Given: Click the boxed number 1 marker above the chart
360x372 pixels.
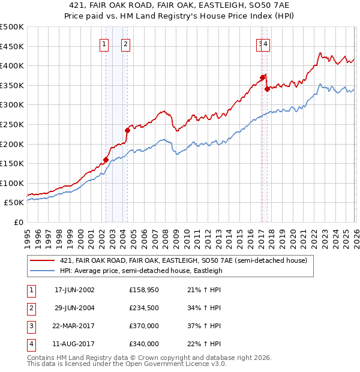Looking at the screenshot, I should pyautogui.click(x=104, y=43).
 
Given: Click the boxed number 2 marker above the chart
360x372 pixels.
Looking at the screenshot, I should pyautogui.click(x=125, y=43).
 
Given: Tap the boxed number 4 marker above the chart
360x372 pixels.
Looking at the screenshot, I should pyautogui.click(x=265, y=43).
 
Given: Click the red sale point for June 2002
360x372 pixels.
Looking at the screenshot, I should pyautogui.click(x=106, y=160).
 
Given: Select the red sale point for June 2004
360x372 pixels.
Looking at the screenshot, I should pyautogui.click(x=127, y=130).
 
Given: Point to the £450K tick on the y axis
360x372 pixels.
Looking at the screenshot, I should pyautogui.click(x=12, y=46).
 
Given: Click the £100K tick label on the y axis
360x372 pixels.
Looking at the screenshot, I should pyautogui.click(x=12, y=183).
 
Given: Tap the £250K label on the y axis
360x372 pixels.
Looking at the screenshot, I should pyautogui.click(x=12, y=124).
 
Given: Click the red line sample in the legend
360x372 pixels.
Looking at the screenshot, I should pyautogui.click(x=42, y=260).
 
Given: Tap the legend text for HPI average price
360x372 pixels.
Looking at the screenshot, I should pyautogui.click(x=141, y=271).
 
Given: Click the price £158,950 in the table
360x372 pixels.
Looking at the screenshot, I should pyautogui.click(x=144, y=290).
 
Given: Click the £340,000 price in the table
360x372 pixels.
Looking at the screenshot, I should pyautogui.click(x=144, y=344).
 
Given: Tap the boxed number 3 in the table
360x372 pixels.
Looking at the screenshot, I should pyautogui.click(x=31, y=326).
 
